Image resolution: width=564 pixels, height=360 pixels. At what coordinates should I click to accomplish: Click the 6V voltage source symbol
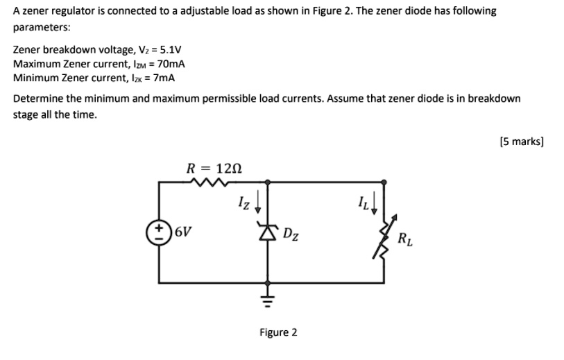click(x=160, y=232)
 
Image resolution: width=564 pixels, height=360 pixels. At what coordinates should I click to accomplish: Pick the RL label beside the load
click(x=407, y=240)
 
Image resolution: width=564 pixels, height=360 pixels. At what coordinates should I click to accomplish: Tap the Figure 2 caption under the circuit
click(x=278, y=332)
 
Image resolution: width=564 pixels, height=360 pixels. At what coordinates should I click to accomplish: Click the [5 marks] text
click(x=521, y=142)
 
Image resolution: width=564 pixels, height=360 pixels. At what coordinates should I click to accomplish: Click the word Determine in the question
click(x=37, y=98)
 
